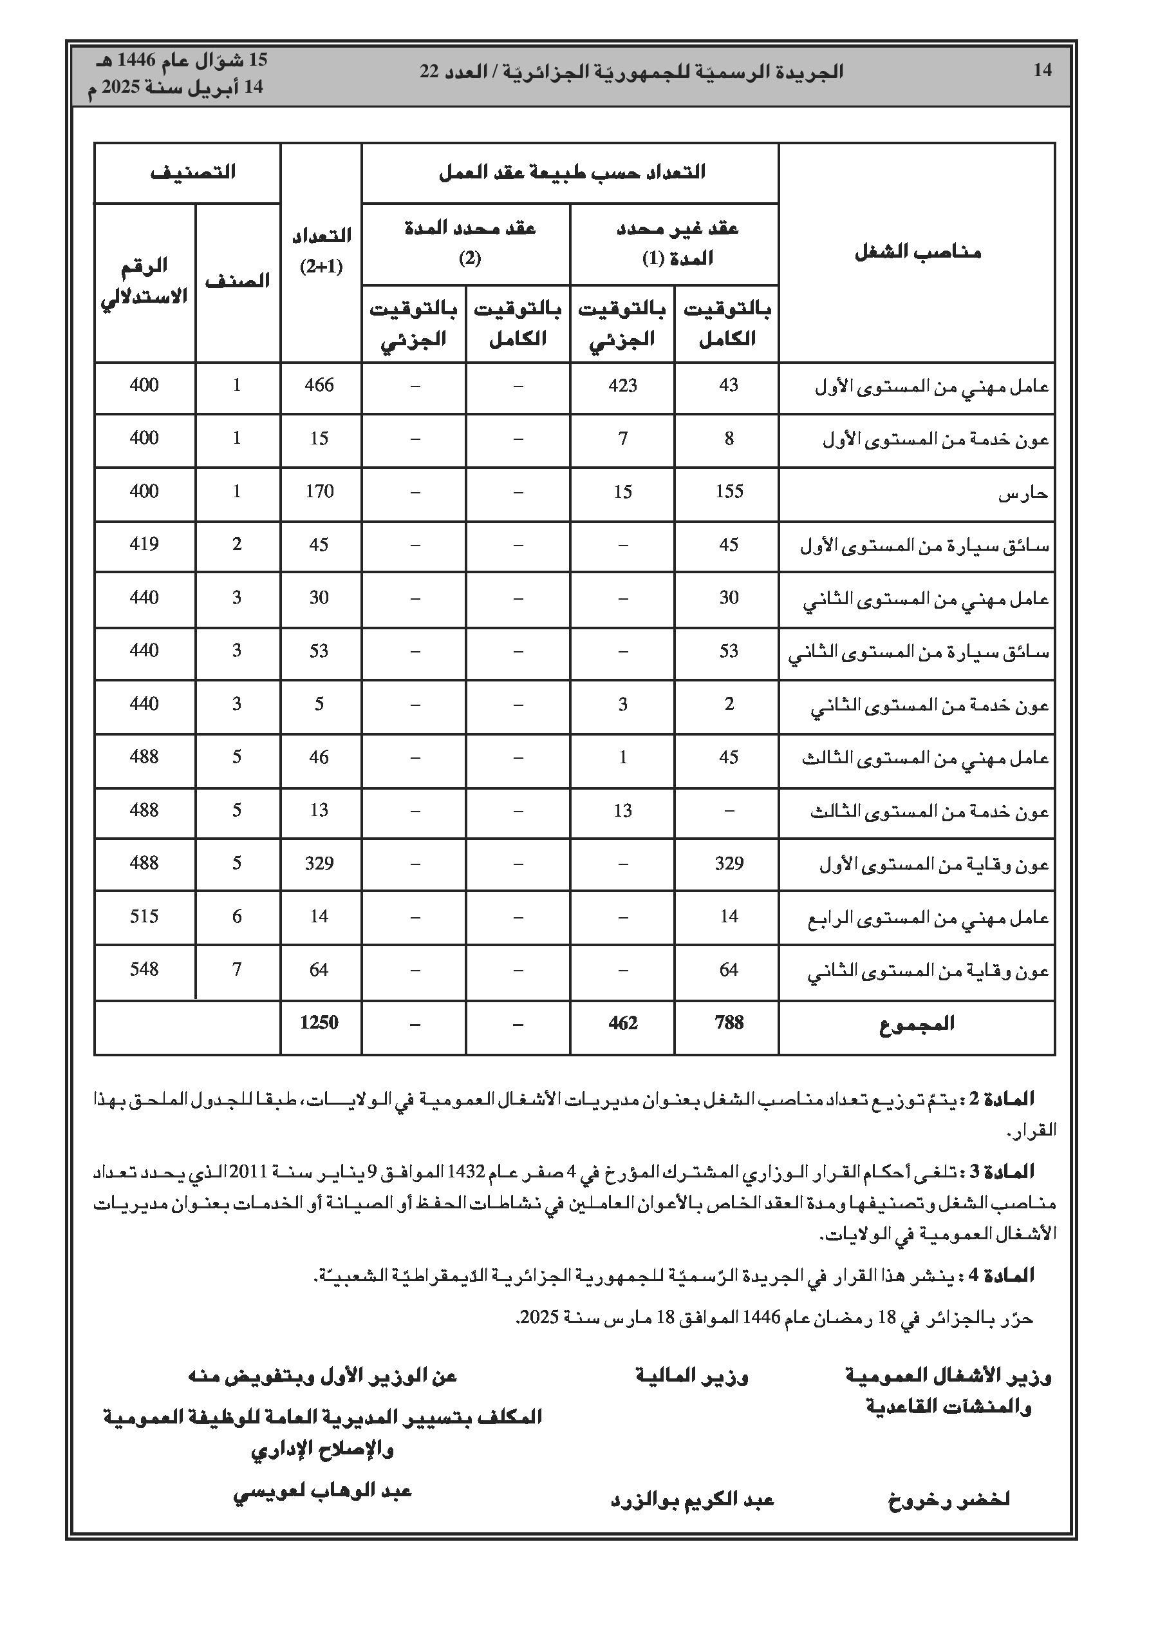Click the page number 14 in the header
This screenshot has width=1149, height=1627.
1042,70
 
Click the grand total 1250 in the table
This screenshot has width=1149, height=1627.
319,1023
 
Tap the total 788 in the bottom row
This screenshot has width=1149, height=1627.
729,1023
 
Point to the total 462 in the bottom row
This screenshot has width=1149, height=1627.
622,1023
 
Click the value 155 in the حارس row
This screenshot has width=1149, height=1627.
729,492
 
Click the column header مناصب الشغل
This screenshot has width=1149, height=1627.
917,253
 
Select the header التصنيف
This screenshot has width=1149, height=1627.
192,172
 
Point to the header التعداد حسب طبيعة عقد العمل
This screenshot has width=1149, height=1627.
572,172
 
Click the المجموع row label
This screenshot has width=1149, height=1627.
917,1024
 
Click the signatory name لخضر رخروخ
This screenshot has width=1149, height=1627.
949,1500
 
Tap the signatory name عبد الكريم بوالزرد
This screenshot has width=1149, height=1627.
692,1500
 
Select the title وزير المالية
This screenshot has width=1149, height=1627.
692,1377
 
